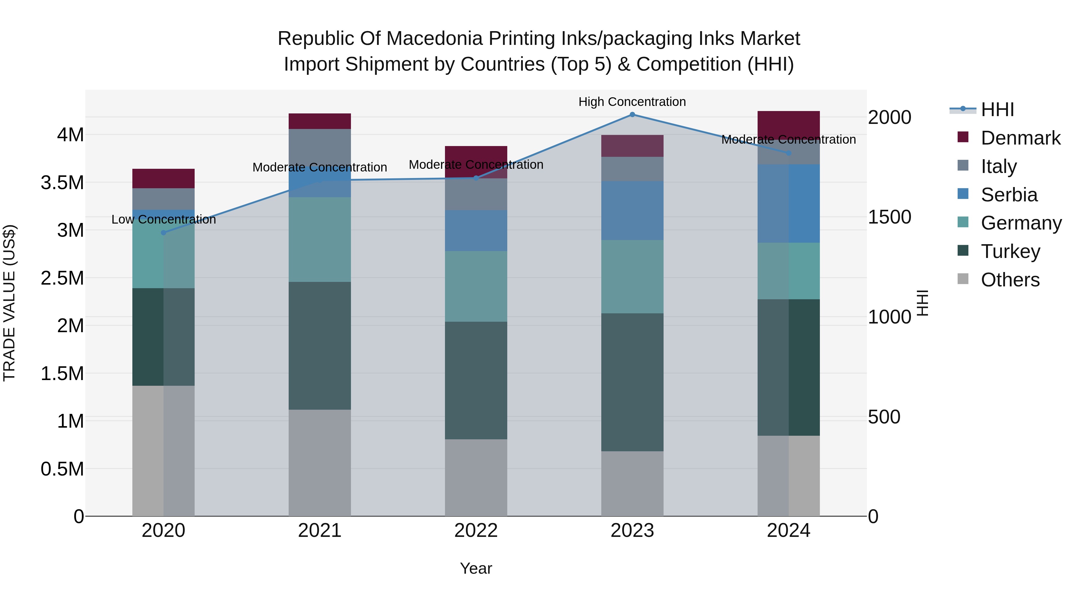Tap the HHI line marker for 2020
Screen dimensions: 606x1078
point(163,233)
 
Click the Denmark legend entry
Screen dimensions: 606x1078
point(1020,138)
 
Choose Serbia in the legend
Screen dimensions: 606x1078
point(1009,195)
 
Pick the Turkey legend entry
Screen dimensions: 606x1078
point(1010,251)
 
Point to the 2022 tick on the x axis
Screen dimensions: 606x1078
point(476,531)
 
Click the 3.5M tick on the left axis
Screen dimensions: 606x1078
point(62,183)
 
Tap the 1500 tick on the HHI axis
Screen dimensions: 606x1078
point(889,217)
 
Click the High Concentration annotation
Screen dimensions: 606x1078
point(632,102)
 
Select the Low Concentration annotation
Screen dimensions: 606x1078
point(163,220)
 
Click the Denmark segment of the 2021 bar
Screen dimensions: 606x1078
point(320,121)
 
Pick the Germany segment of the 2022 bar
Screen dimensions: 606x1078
point(476,286)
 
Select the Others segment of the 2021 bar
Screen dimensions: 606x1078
point(320,463)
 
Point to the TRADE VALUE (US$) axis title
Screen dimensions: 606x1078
point(10,303)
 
